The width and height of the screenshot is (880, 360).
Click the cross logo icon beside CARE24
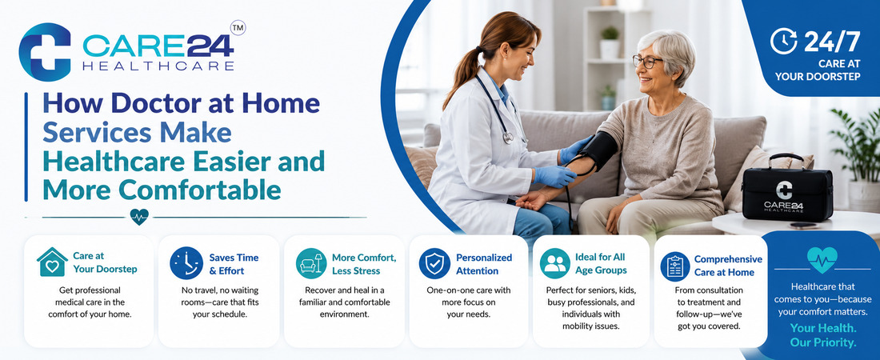pos(45,52)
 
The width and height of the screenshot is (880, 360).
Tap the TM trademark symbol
pos(238,27)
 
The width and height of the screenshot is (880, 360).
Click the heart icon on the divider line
pos(138,217)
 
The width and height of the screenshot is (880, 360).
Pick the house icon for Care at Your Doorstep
pos(52,262)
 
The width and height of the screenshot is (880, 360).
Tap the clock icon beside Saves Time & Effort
pos(186,263)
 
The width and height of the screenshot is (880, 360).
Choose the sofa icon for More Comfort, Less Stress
pos(311,263)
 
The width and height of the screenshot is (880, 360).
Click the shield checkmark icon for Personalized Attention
pos(434,263)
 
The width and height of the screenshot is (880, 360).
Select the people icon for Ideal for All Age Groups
pos(555,263)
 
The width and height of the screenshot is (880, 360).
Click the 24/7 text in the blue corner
pos(832,42)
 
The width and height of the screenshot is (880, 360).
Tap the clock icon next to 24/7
pos(783,42)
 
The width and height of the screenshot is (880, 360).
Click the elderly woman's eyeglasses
pos(647,61)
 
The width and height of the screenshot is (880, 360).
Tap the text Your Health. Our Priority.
pos(822,335)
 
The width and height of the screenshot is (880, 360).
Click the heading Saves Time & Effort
pos(234,264)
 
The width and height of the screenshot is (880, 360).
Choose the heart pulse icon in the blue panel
pos(822,259)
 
